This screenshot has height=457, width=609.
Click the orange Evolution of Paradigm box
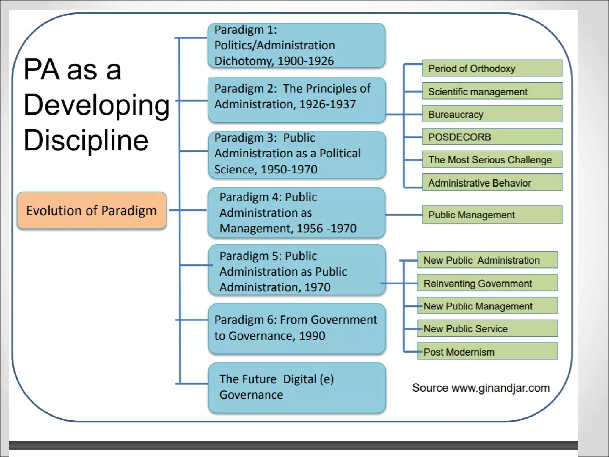(x=91, y=210)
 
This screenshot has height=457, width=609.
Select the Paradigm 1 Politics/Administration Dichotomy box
(x=296, y=46)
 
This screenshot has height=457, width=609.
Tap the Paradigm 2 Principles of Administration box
(x=296, y=100)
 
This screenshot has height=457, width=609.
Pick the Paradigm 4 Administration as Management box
(x=296, y=213)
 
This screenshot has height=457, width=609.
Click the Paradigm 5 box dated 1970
(x=296, y=270)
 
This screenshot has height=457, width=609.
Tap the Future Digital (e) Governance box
(x=296, y=387)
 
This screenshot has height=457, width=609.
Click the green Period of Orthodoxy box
(x=492, y=68)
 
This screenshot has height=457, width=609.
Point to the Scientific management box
(x=492, y=91)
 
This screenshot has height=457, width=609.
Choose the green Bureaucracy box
(x=492, y=114)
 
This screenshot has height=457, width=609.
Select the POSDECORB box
(x=492, y=137)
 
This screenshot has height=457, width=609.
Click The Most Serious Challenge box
(x=492, y=159)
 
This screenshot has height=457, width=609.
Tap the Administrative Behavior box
(x=492, y=182)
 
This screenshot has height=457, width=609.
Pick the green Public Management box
(x=492, y=215)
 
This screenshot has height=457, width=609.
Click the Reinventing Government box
(x=487, y=283)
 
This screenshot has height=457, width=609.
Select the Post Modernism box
(x=487, y=351)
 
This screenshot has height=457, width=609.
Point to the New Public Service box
(x=487, y=328)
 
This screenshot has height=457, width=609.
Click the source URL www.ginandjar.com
(x=500, y=388)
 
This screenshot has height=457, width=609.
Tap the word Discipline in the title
(x=86, y=140)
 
